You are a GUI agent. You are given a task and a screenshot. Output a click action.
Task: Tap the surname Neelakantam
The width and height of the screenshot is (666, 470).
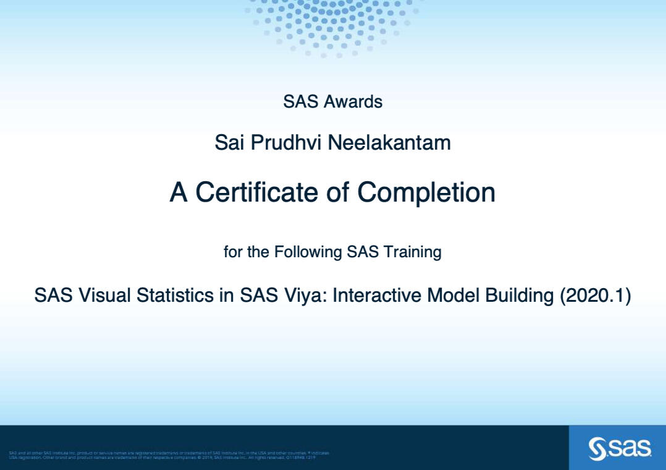coord(389,143)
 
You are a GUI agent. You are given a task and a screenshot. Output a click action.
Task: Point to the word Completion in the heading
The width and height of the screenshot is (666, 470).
coord(426,192)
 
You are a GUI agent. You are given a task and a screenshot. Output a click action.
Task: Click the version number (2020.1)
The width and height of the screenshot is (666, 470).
coord(595,296)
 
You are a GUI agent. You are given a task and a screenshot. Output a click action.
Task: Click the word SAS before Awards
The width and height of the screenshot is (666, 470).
coord(300,101)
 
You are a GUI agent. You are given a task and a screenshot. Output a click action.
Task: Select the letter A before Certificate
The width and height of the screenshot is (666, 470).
coord(179,192)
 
